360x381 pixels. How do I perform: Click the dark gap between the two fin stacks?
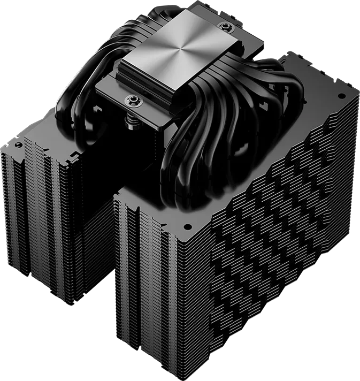[107, 257]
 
